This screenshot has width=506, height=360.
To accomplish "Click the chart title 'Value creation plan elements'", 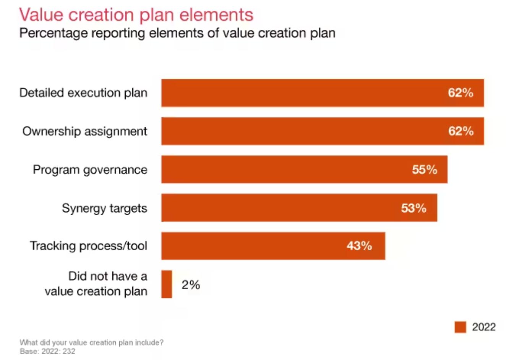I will coord(136,15).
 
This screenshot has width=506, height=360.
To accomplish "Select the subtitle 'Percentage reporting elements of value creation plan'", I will coord(177,33).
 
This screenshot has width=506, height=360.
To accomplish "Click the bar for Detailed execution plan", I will coord(298,93).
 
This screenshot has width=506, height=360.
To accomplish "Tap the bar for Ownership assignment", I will coord(298,131).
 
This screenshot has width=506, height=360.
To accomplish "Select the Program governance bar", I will coord(283,169).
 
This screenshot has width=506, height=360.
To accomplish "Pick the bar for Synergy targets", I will coord(275,208).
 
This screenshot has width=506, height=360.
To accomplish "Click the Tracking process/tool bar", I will coord(252,246).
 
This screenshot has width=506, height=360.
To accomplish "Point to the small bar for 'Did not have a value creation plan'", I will coord(167,284).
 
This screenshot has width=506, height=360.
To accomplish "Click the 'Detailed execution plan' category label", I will coord(83,93).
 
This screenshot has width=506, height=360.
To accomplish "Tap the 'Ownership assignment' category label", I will coord(84,131).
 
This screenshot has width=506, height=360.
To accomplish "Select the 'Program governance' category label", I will coord(90,169).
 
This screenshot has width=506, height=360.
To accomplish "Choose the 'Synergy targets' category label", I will coord(104,208).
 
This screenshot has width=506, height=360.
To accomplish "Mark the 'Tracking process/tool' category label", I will coord(88,246).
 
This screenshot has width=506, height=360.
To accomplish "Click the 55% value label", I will coord(424,169).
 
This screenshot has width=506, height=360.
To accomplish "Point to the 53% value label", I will coord(414,208).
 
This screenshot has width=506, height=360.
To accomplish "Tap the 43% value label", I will coord(359,246).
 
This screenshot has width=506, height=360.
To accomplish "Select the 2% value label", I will coord(191,285).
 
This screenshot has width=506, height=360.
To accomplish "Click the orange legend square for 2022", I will coord(460,327).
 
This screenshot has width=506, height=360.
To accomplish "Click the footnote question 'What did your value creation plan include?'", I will coord(91,342).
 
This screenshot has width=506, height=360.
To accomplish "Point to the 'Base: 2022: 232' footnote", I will coord(47,351).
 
